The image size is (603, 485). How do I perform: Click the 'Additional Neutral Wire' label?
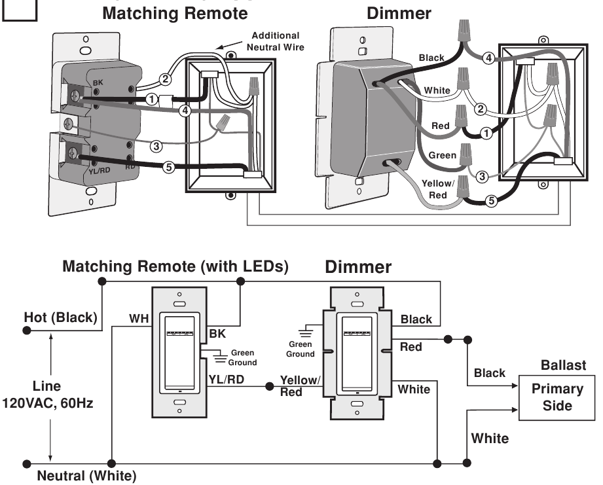[275, 41]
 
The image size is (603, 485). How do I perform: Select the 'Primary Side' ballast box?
[557, 397]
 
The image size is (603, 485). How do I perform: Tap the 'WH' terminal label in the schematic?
[138, 318]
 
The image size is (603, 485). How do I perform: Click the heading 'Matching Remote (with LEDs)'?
[175, 267]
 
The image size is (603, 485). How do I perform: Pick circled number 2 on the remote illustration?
[166, 80]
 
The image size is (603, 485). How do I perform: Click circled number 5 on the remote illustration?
[168, 168]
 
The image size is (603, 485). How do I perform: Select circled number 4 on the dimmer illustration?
[488, 58]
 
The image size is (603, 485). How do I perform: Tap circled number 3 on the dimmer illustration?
[482, 176]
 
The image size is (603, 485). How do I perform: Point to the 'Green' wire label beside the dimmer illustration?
[442, 156]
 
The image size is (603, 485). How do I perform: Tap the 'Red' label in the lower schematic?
[411, 346]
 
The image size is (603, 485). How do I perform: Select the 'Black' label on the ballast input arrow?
[490, 372]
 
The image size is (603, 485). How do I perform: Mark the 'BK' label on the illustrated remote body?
[98, 82]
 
